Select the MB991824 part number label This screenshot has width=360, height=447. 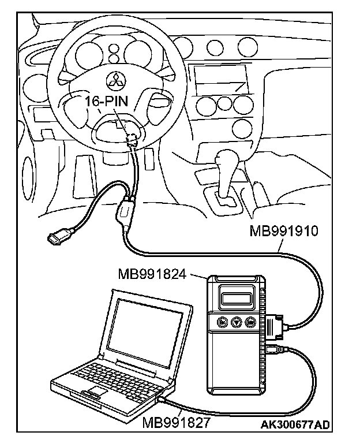tap(152, 273)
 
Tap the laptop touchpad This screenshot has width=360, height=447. tap(95, 394)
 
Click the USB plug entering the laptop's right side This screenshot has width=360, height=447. tap(164, 398)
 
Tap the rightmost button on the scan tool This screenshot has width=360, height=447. tap(250, 323)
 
